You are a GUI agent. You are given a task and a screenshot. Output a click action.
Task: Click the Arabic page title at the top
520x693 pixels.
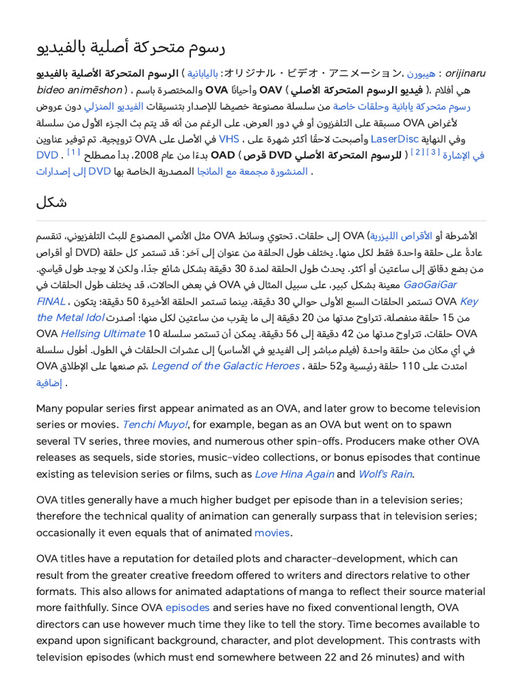130,47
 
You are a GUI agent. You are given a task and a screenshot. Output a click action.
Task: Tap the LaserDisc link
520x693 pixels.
394,139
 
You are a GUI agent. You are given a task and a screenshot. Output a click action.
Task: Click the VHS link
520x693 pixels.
229,139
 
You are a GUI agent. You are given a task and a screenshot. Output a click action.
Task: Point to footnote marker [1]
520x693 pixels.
74,153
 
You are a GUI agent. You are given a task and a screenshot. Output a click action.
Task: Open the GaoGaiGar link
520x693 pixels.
431,284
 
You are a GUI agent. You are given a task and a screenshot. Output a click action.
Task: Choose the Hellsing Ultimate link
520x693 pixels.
103,333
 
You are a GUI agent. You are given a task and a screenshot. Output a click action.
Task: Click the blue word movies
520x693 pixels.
272,532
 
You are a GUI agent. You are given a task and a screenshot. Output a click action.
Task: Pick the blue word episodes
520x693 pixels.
188,607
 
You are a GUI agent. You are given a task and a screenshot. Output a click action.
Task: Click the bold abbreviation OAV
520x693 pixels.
271,90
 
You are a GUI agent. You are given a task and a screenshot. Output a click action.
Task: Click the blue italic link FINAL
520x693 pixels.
51,300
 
